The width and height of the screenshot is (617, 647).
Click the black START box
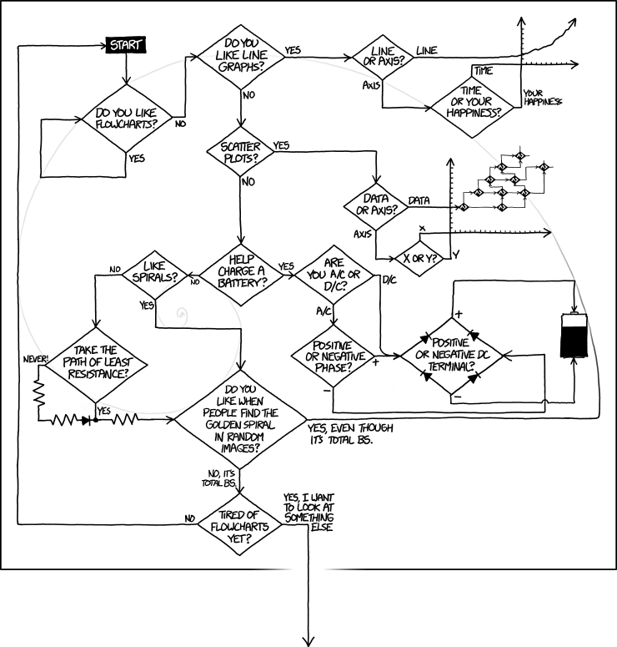[126, 44]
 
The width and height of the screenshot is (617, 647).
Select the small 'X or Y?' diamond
[421, 258]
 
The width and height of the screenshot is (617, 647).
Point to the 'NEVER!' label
[38, 360]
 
